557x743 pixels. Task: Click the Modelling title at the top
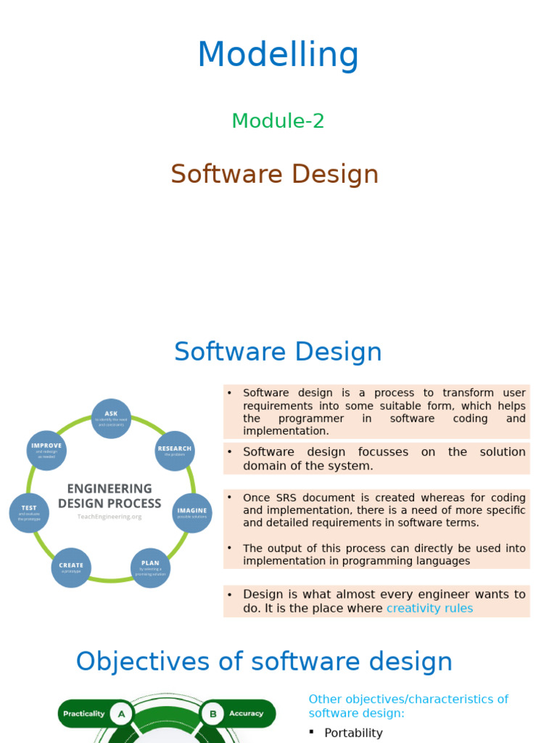278,55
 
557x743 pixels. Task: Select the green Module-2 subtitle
278,121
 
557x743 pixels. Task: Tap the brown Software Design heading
275,174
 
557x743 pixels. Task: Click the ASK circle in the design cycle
111,419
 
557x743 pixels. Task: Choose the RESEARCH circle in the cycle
175,451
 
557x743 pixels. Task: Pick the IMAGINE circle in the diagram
192,513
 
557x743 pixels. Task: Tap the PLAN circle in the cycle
150,567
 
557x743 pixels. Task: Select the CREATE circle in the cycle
71,567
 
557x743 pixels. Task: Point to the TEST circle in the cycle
29,512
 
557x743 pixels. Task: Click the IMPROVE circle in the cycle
46,450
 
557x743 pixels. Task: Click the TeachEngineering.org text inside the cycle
110,517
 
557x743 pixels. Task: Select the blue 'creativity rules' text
429,608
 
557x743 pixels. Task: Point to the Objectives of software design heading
264,661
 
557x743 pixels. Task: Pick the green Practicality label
83,714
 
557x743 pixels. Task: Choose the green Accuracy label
246,714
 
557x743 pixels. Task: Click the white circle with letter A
121,714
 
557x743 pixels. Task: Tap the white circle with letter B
213,714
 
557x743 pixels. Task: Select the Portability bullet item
353,733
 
